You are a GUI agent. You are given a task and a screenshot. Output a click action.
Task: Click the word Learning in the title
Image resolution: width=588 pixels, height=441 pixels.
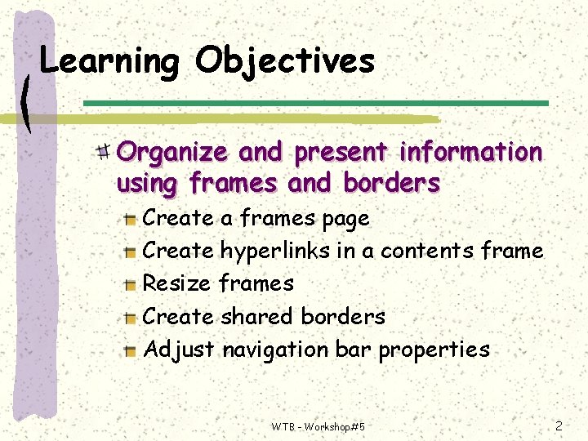pyautogui.click(x=109, y=61)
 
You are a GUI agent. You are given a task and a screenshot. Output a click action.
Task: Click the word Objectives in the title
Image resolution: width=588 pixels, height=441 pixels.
pyautogui.click(x=285, y=61)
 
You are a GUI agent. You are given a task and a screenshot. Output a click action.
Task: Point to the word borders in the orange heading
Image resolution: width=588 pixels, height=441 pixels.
pyautogui.click(x=391, y=184)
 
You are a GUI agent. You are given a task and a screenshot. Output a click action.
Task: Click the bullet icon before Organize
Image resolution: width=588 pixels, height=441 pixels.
pyautogui.click(x=104, y=151)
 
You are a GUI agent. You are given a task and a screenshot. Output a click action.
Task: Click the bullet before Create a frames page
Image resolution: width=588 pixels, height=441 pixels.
pyautogui.click(x=130, y=219)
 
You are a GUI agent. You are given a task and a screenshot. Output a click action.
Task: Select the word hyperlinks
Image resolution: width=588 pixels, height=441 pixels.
pyautogui.click(x=275, y=251)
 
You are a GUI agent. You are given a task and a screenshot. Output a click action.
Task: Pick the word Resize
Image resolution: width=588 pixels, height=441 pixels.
pyautogui.click(x=177, y=283)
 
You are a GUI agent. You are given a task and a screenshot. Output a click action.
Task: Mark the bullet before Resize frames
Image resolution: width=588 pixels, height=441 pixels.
pyautogui.click(x=130, y=284)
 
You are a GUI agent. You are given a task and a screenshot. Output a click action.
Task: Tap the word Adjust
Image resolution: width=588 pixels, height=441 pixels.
pyautogui.click(x=179, y=350)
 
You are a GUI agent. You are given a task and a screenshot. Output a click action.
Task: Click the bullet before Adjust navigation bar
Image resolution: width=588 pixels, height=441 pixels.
pyautogui.click(x=130, y=350)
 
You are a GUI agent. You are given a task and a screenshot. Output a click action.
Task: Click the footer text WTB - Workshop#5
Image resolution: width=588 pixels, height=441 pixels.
pyautogui.click(x=318, y=426)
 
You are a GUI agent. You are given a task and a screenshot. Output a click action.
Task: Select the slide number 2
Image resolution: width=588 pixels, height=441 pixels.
pyautogui.click(x=559, y=425)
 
